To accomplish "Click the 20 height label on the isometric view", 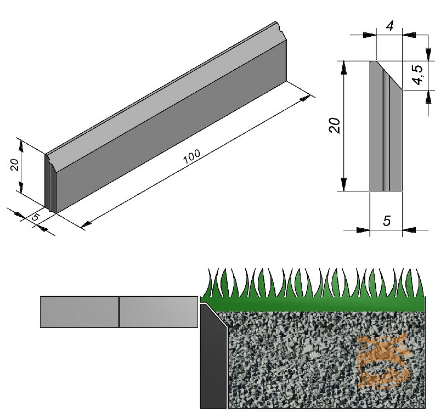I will [16, 165].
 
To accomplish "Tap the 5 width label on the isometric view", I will [36, 217].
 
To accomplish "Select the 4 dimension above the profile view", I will [390, 26].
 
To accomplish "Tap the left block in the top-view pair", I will [80, 312].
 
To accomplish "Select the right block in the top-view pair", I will [159, 312].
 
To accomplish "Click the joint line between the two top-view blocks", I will [119, 312].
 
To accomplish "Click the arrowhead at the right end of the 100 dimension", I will [306, 99].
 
